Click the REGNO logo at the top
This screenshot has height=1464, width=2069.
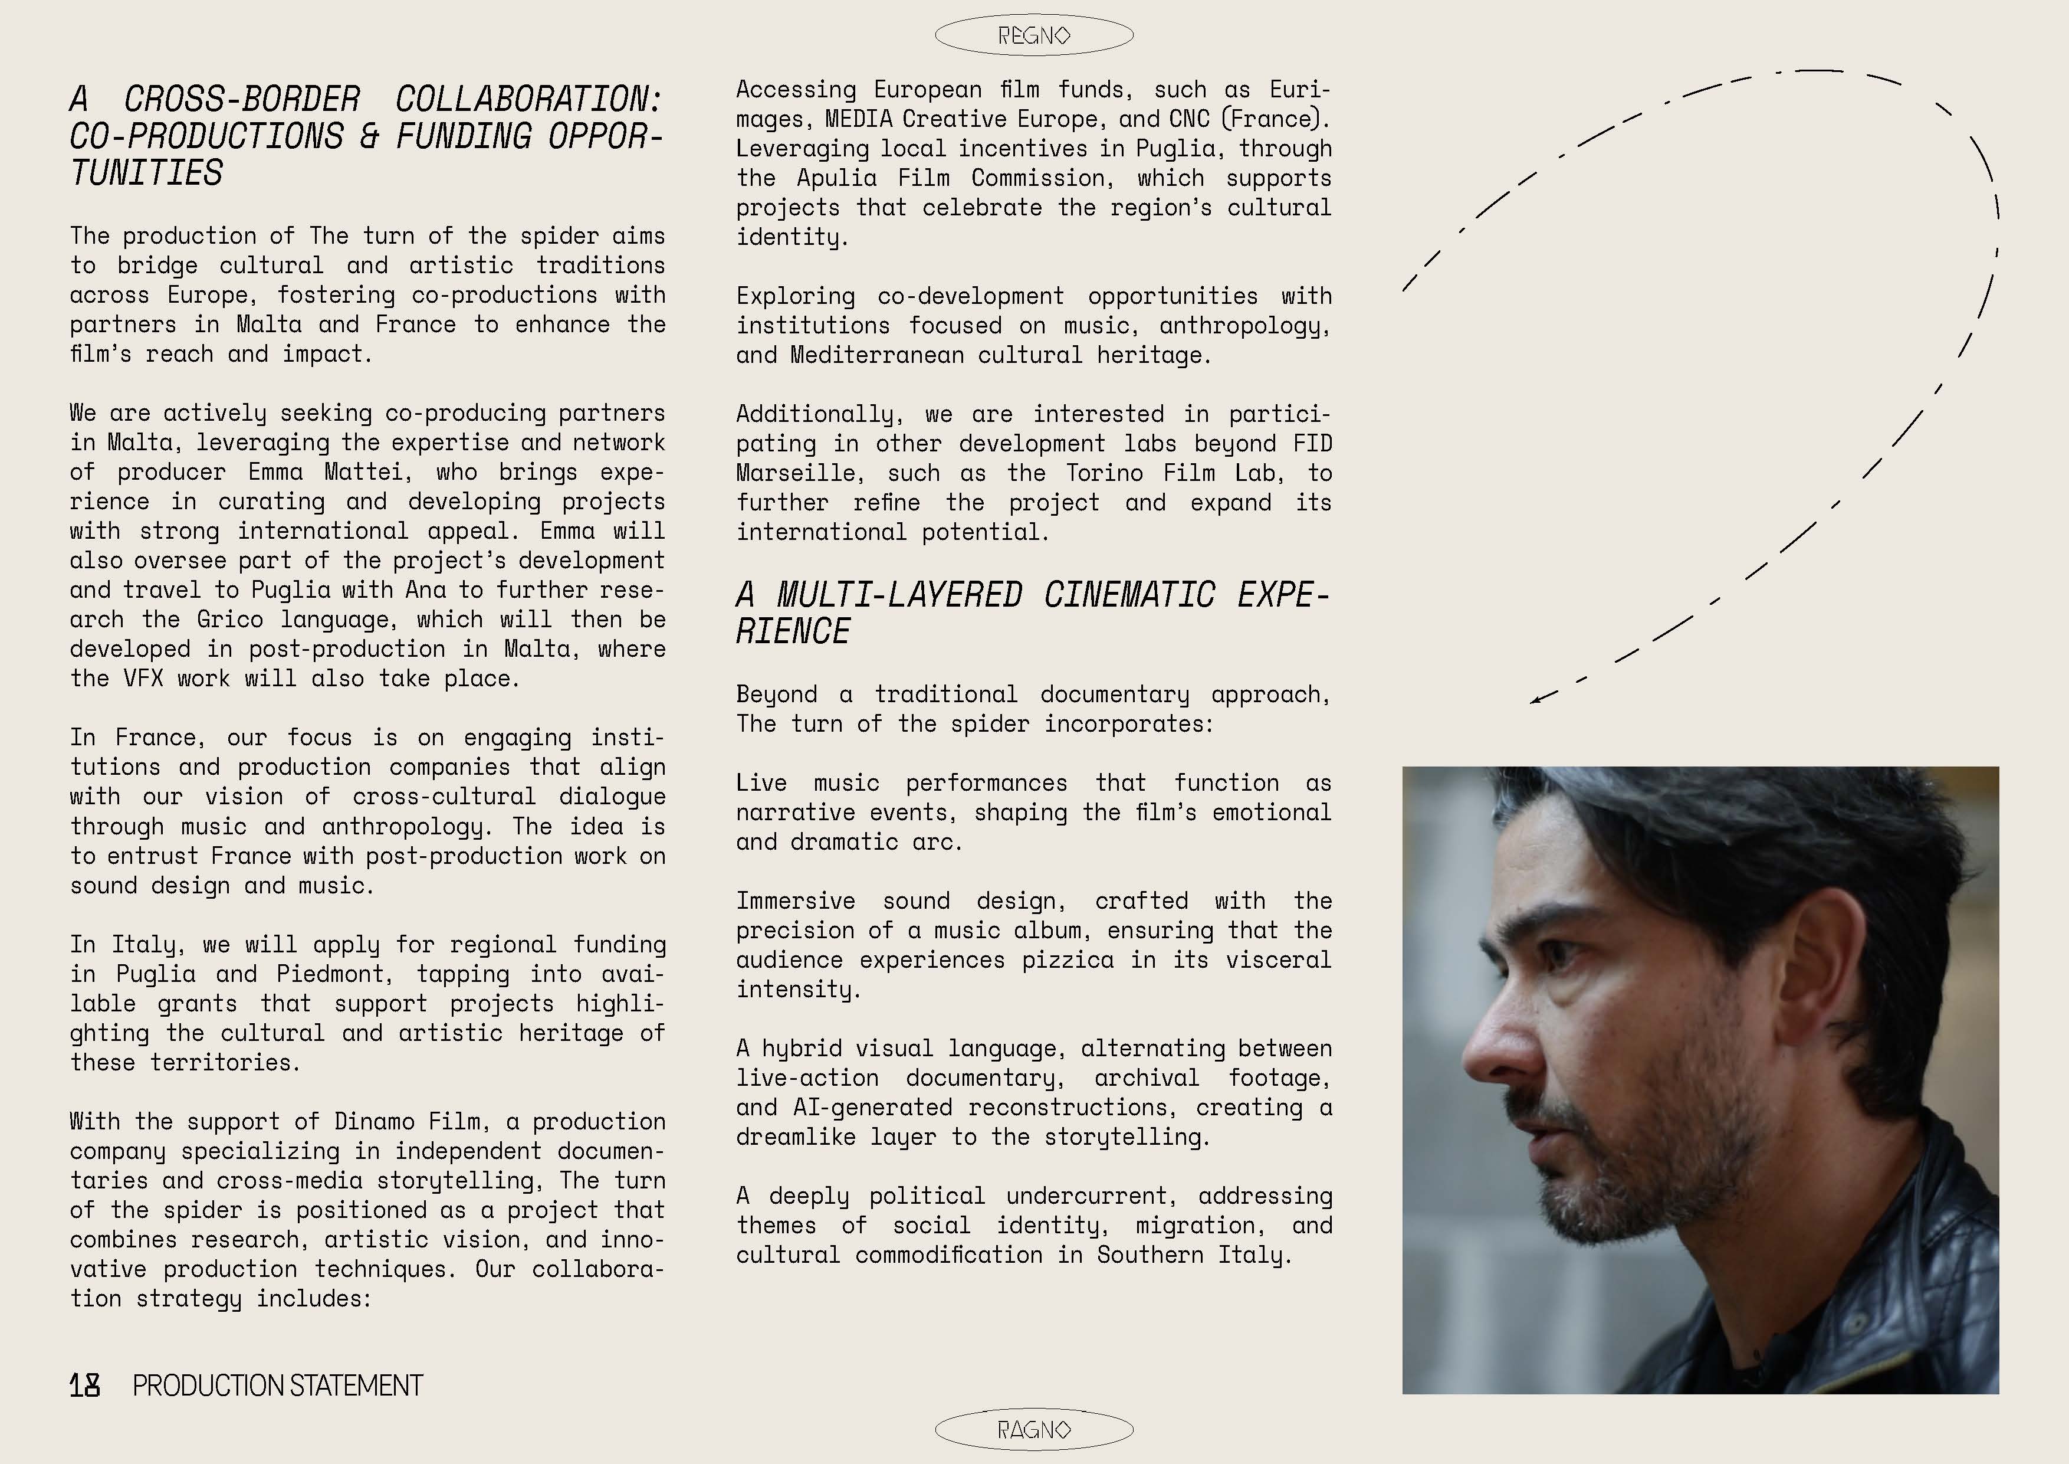click(1033, 36)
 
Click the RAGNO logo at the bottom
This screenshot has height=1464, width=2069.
click(1033, 1430)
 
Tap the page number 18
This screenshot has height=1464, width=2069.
click(85, 1386)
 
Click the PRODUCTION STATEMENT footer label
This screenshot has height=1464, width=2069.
click(278, 1386)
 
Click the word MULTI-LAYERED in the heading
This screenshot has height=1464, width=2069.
click(899, 595)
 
